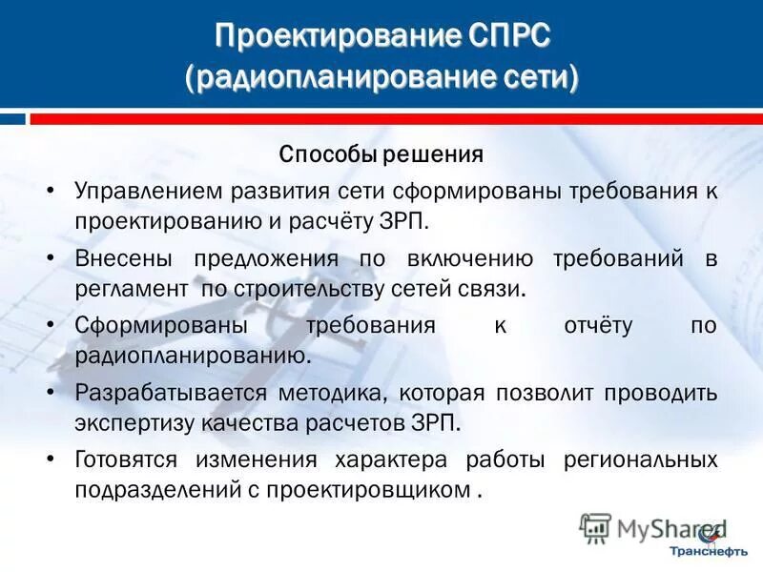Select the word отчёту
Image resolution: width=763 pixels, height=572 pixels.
click(598, 325)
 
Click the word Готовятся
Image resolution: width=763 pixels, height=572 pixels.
click(126, 460)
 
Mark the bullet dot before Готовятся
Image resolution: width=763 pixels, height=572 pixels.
click(50, 460)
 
